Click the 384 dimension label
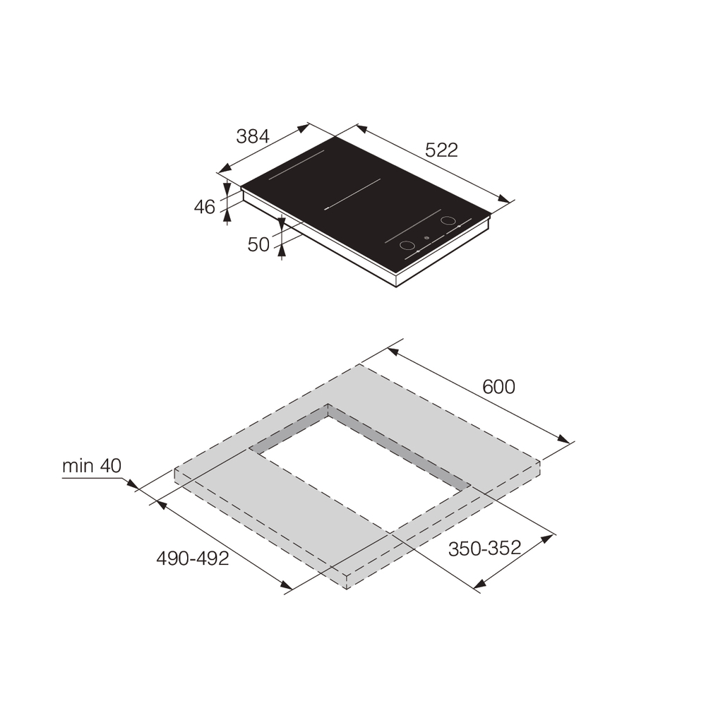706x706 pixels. tap(253, 136)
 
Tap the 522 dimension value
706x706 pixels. tap(442, 150)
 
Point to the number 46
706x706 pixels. tap(204, 207)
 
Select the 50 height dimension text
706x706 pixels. tap(258, 244)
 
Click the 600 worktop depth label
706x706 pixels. tap(498, 387)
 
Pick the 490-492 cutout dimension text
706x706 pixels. tap(193, 558)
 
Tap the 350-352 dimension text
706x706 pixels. tap(485, 548)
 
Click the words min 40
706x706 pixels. tap(92, 466)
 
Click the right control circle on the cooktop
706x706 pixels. tap(448, 221)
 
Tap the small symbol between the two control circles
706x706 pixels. tap(426, 238)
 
